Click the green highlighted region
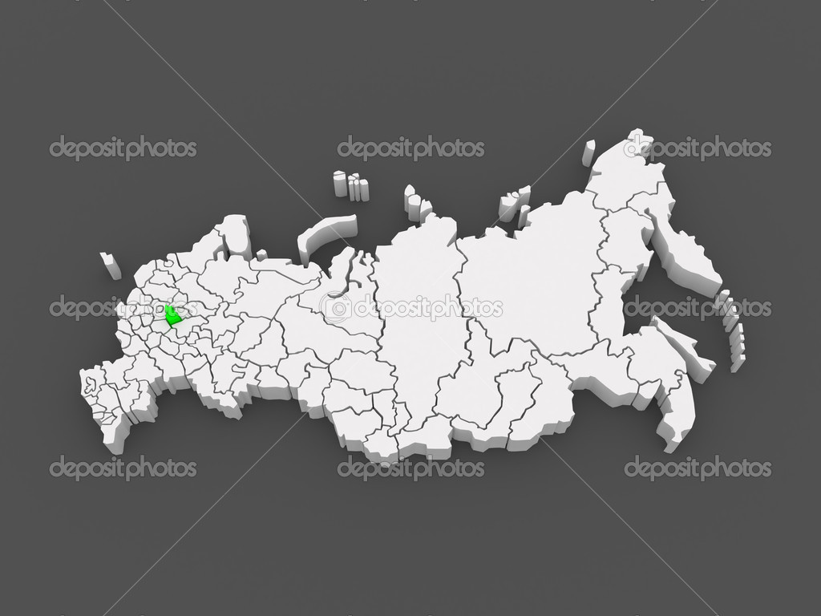tap(172, 317)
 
